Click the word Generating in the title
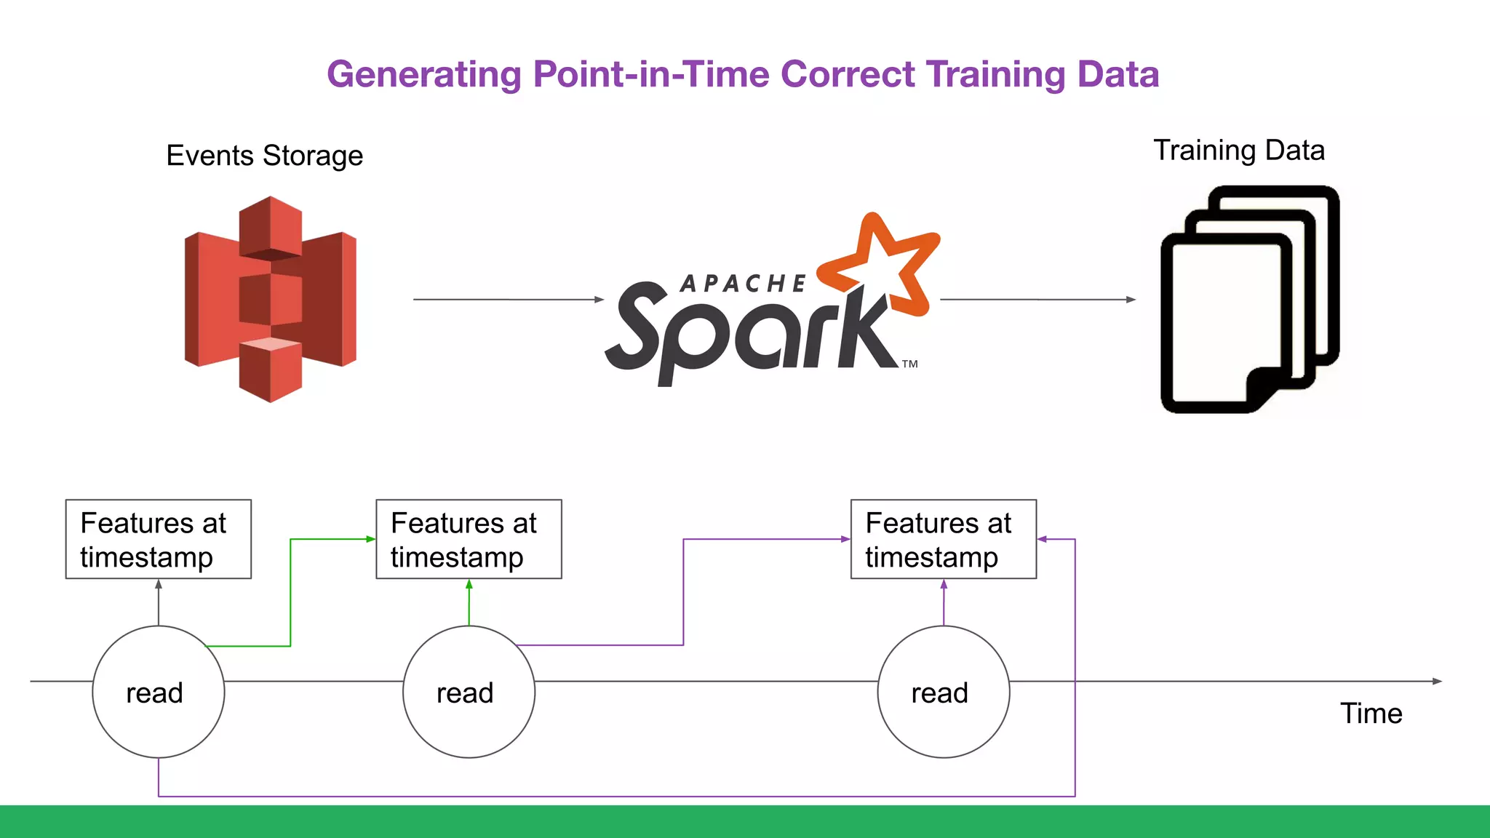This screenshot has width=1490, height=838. [x=424, y=75]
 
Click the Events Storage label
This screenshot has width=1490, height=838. [x=264, y=156]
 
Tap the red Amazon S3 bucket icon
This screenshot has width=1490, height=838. [x=271, y=299]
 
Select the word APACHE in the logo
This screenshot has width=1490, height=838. [x=743, y=284]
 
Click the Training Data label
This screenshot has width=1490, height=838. [x=1239, y=151]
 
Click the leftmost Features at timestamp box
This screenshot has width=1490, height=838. [x=159, y=539]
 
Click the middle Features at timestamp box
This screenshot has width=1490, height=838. [x=469, y=539]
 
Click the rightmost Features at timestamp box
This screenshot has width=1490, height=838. [x=943, y=539]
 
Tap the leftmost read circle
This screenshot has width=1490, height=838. [x=159, y=692]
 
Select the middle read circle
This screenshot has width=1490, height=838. [x=469, y=692]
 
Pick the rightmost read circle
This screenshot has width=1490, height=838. [x=943, y=692]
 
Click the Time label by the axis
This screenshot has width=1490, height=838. [x=1371, y=714]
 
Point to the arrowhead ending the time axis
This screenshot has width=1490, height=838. [x=1437, y=682]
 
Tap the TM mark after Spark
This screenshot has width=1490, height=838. [x=910, y=364]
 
